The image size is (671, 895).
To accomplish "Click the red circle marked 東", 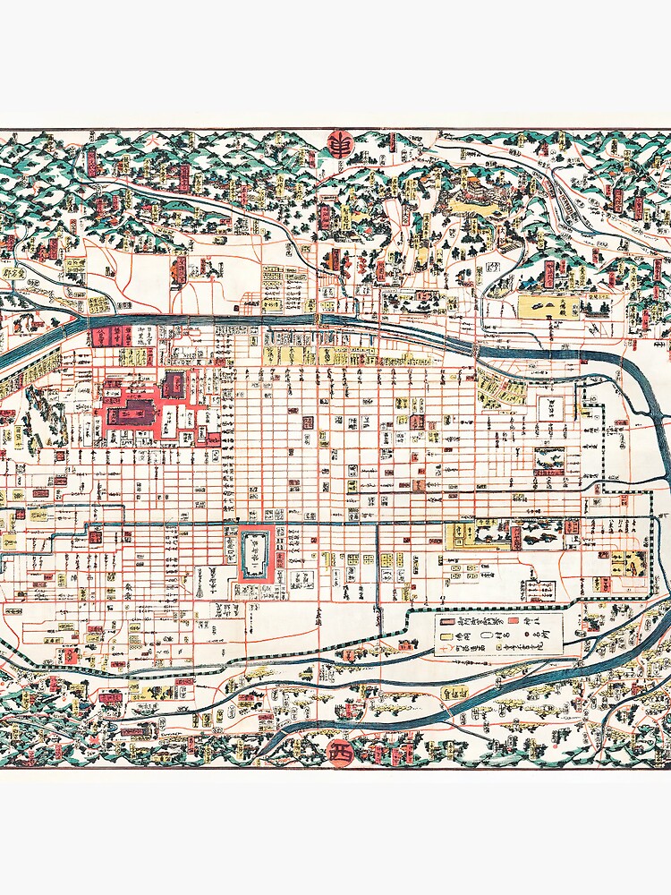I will (340, 145).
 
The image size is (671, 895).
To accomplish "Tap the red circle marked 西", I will (340, 752).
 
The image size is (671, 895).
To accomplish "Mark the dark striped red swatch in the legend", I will (445, 620).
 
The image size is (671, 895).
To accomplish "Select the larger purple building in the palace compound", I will (135, 415).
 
